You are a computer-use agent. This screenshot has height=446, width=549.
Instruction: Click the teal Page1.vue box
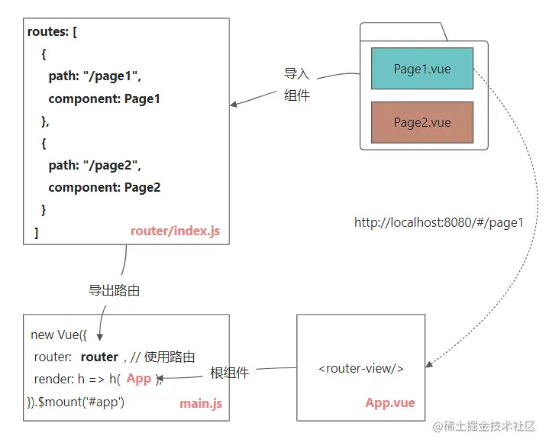click(x=422, y=69)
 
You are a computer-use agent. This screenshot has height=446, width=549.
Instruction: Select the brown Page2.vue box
click(x=422, y=122)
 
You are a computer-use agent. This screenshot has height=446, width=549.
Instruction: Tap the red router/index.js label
click(x=175, y=231)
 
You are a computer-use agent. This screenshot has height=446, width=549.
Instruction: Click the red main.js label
click(x=201, y=403)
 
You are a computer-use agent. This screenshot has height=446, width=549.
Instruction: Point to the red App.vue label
click(x=389, y=403)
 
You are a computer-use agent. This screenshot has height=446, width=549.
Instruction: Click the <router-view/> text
click(x=361, y=368)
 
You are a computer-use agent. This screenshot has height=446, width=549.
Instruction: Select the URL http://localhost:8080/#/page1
click(x=439, y=223)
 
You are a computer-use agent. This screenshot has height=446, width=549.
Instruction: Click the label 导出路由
click(x=115, y=291)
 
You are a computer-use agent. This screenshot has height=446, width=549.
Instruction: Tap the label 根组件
click(x=229, y=373)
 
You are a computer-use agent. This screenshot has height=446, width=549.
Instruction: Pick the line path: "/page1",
click(x=95, y=76)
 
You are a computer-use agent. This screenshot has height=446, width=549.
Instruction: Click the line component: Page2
click(x=104, y=187)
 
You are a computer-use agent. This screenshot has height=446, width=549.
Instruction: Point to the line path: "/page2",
click(x=95, y=165)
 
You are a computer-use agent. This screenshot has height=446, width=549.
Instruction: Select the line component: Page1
click(x=104, y=99)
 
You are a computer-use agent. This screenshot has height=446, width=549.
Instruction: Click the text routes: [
click(x=52, y=32)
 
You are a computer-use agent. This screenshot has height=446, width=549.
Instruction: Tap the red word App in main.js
click(x=139, y=379)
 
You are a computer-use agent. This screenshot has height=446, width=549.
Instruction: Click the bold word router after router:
click(x=99, y=357)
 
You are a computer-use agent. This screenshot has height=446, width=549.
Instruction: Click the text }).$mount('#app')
click(x=77, y=401)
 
